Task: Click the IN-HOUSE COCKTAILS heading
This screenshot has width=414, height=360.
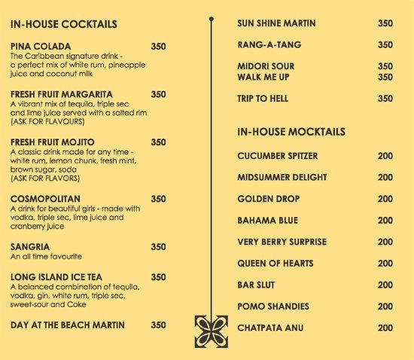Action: click(64, 24)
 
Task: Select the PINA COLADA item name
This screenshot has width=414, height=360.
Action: click(39, 46)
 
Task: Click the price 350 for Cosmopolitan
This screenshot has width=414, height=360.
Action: click(158, 199)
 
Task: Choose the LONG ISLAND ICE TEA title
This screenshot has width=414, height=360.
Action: click(56, 277)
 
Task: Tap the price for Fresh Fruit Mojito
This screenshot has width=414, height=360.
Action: click(158, 142)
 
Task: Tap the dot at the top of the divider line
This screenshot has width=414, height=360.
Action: click(212, 18)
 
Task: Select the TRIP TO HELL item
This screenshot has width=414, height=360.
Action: click(263, 99)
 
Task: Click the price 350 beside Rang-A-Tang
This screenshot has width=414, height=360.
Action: click(385, 44)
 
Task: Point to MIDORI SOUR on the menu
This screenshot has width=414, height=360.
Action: click(266, 66)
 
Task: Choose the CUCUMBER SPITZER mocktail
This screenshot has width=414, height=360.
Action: click(277, 156)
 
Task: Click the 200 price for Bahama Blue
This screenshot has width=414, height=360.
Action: click(385, 221)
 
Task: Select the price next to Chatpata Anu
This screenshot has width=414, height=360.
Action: click(385, 328)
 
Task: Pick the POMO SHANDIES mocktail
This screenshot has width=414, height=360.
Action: click(272, 307)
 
